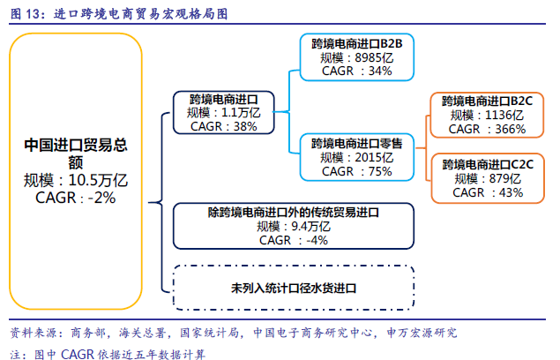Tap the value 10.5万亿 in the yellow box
click(x=98, y=180)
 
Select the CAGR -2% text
click(x=75, y=198)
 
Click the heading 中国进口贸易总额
click(x=76, y=154)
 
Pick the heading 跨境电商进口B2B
click(x=357, y=43)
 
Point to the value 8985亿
click(x=374, y=57)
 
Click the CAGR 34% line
click(x=357, y=71)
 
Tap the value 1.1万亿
click(x=241, y=113)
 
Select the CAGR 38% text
click(x=224, y=126)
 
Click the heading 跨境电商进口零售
click(x=357, y=143)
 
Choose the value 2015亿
click(x=374, y=157)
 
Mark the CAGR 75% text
click(x=357, y=171)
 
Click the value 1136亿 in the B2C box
click(x=504, y=115)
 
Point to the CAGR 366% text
click(x=487, y=129)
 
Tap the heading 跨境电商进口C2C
click(x=488, y=164)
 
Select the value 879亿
click(x=505, y=178)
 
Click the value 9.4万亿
click(x=310, y=226)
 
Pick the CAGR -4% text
click(x=294, y=240)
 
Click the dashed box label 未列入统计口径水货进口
click(x=294, y=289)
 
